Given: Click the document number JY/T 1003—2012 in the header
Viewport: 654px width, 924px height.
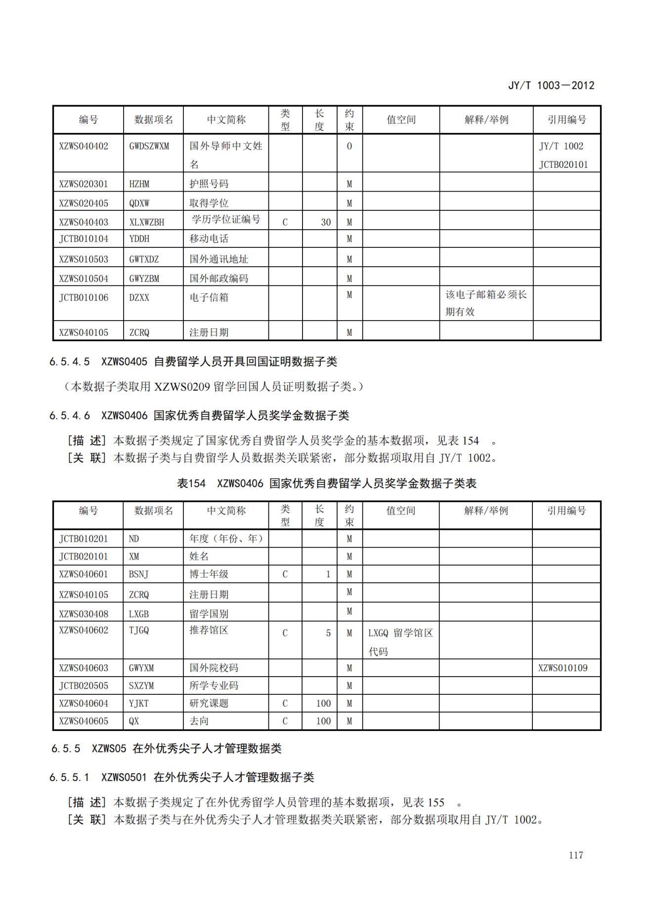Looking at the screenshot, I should pyautogui.click(x=551, y=85).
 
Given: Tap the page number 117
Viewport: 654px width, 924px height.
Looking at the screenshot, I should pyautogui.click(x=576, y=855).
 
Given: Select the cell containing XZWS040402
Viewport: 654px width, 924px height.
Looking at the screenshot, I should pyautogui.click(x=84, y=146).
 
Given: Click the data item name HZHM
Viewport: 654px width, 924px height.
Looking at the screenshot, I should pyautogui.click(x=139, y=184).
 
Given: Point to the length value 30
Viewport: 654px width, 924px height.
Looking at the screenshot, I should pyautogui.click(x=325, y=222).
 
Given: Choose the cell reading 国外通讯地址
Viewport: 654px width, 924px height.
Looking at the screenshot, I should pyautogui.click(x=218, y=259).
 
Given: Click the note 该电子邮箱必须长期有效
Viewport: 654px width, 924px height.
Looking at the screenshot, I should pyautogui.click(x=485, y=303).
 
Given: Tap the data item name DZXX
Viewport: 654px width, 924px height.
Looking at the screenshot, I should pyautogui.click(x=139, y=298).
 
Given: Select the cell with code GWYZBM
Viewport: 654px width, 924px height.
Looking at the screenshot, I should pyautogui.click(x=144, y=279).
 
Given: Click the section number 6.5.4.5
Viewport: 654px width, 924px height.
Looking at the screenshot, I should pyautogui.click(x=70, y=362).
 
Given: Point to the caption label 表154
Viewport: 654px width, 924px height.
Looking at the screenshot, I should pyautogui.click(x=191, y=483).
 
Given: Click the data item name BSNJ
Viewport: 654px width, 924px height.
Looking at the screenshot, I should pyautogui.click(x=138, y=574).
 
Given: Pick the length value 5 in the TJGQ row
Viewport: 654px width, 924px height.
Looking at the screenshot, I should pyautogui.click(x=328, y=633).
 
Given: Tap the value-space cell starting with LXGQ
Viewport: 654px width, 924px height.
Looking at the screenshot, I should pyautogui.click(x=400, y=642).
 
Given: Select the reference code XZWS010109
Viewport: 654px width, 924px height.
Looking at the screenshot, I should pyautogui.click(x=563, y=668).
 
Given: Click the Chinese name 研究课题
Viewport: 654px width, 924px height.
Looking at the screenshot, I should pyautogui.click(x=209, y=703).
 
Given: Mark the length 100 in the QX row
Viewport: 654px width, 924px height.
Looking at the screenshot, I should pyautogui.click(x=323, y=721).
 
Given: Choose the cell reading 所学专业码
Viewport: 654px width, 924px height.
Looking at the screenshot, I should pyautogui.click(x=214, y=685).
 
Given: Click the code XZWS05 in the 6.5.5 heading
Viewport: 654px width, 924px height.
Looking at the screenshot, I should pyautogui.click(x=109, y=749).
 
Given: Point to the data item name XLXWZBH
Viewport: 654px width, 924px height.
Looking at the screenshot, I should pyautogui.click(x=147, y=222).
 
